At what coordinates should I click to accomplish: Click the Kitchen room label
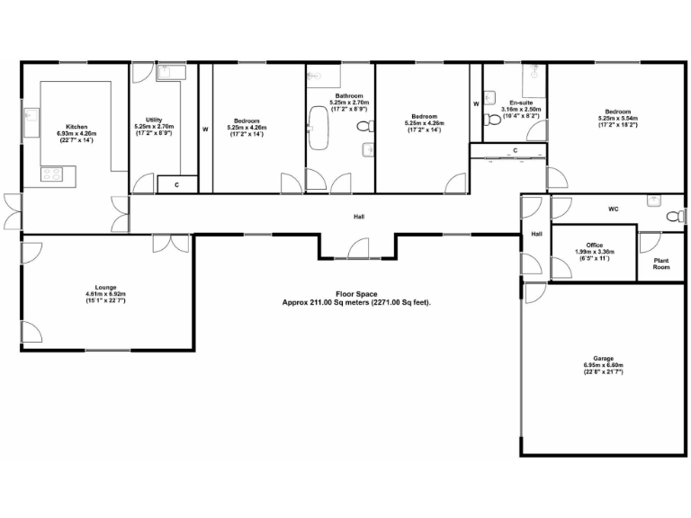point(76,127)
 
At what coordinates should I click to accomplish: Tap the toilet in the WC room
point(672,217)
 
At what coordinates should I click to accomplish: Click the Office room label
point(593,244)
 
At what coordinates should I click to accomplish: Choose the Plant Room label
point(661,263)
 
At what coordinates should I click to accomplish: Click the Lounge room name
point(104,287)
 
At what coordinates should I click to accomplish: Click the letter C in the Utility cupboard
point(176,184)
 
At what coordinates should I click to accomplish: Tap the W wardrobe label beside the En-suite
point(476,103)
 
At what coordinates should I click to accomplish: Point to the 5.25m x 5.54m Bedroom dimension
point(617,118)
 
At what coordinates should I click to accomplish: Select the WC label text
point(613,209)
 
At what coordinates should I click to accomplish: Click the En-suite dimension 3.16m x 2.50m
point(520,110)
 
